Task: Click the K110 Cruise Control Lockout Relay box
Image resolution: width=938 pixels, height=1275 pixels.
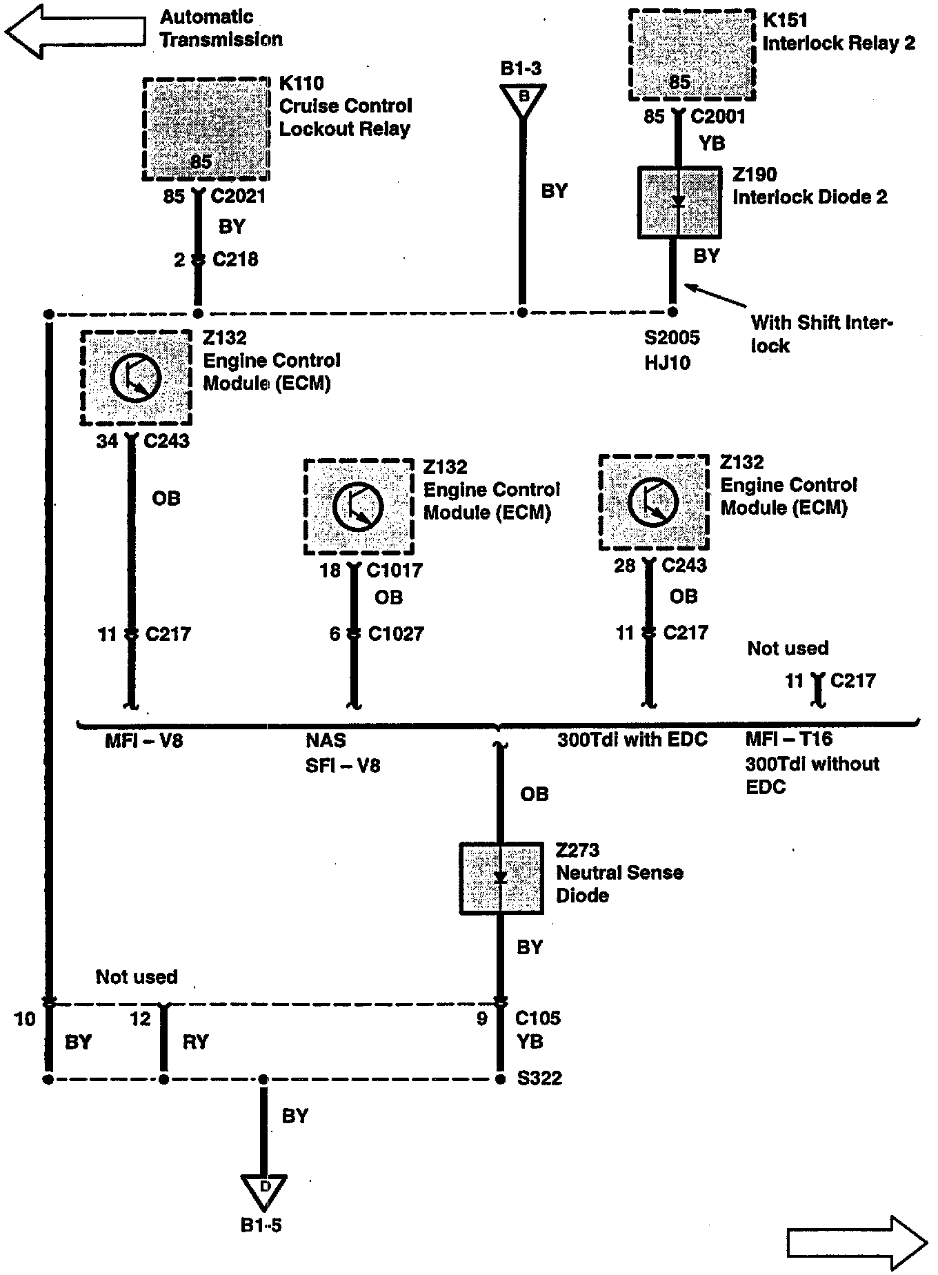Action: (206, 129)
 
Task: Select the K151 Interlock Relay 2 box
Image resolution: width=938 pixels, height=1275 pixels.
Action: (692, 55)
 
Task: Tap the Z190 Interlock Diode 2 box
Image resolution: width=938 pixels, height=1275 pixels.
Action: (679, 202)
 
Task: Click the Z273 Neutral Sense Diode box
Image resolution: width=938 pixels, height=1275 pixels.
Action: (501, 878)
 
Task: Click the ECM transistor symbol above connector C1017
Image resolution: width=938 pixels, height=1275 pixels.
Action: (358, 506)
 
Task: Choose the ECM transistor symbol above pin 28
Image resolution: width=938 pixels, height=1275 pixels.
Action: (652, 502)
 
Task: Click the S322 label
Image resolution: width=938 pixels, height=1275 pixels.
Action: (539, 1078)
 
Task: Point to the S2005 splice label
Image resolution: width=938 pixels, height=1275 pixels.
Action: (672, 337)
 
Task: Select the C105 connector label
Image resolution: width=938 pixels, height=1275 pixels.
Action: (538, 1018)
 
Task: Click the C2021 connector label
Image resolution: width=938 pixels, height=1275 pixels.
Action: (238, 197)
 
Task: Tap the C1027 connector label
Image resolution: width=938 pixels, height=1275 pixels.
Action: (396, 633)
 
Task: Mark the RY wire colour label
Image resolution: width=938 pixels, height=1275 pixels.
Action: (195, 1041)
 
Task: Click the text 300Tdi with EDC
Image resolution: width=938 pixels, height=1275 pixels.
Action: (632, 740)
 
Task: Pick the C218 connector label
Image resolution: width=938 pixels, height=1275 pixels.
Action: (235, 259)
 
